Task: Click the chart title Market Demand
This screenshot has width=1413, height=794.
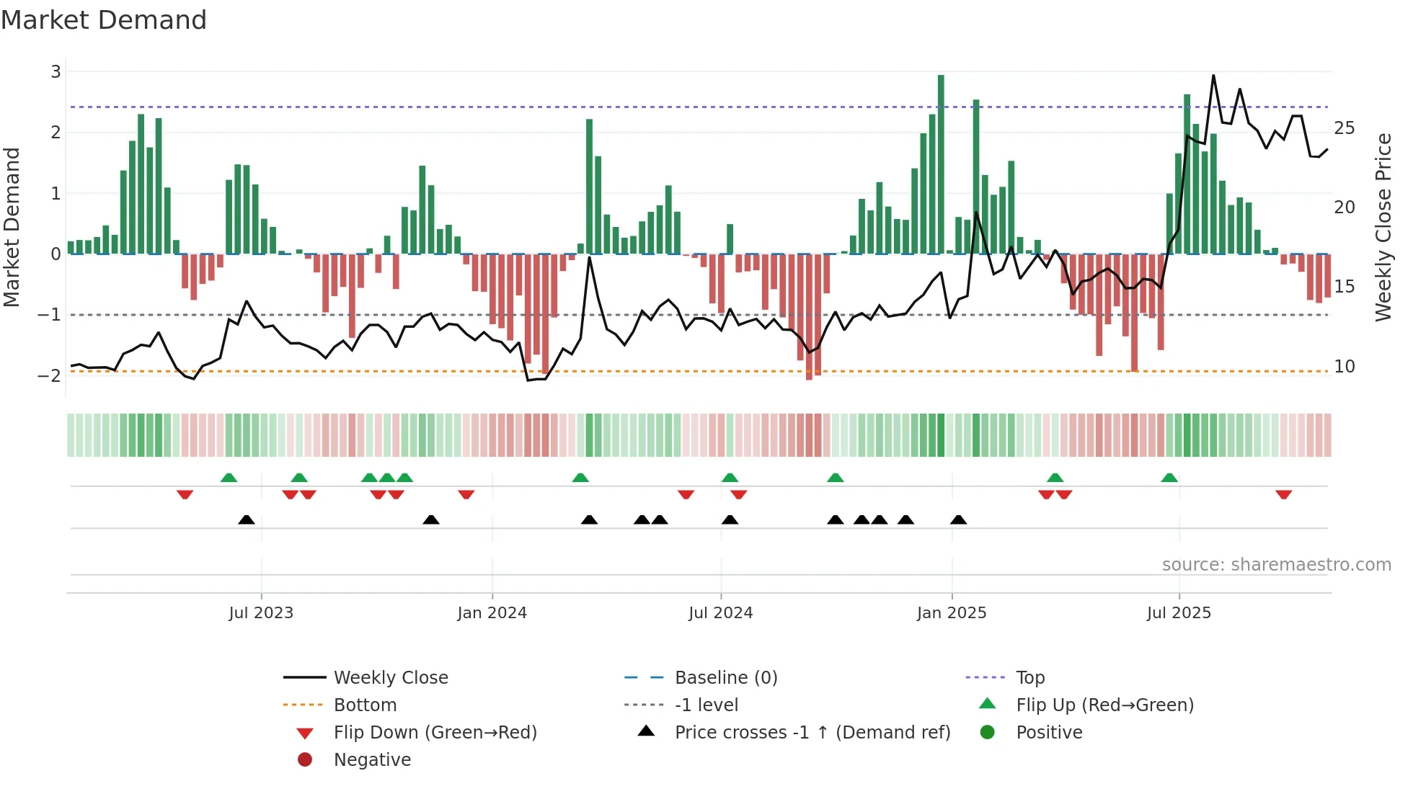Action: (104, 19)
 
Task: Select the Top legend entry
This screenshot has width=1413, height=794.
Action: (1029, 677)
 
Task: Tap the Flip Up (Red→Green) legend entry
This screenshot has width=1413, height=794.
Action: (1104, 705)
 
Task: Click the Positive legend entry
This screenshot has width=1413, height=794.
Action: (1049, 732)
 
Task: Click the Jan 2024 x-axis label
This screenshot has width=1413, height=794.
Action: (492, 612)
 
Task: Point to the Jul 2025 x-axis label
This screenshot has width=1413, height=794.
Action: (1179, 612)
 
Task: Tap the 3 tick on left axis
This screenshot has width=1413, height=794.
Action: (56, 71)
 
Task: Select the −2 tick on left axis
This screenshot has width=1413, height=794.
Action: (50, 375)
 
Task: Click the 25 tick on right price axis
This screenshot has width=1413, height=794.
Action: (1344, 128)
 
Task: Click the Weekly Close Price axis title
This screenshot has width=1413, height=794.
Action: (1383, 227)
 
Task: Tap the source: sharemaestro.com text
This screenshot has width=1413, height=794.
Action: (1276, 564)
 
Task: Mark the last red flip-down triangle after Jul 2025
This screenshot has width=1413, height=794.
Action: (1283, 494)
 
